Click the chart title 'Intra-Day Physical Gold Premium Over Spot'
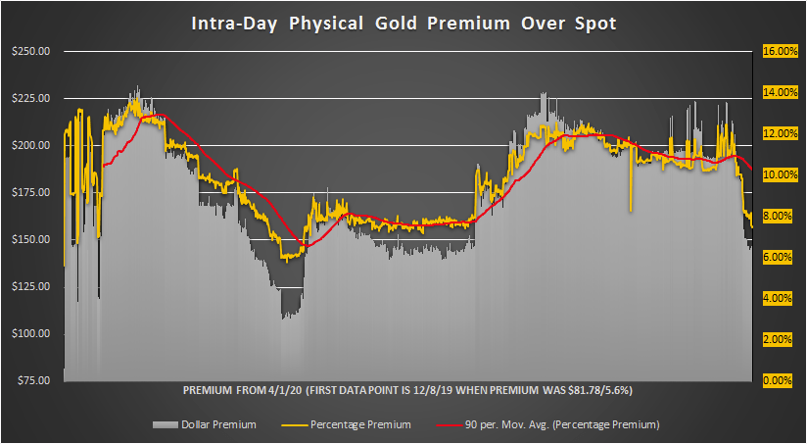coord(403,24)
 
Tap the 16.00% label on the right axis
coord(776,51)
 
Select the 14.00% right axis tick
coord(776,92)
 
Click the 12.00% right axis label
coord(776,133)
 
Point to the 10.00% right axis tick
coord(776,174)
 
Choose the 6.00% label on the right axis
coord(778,257)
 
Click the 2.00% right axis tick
coord(778,339)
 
